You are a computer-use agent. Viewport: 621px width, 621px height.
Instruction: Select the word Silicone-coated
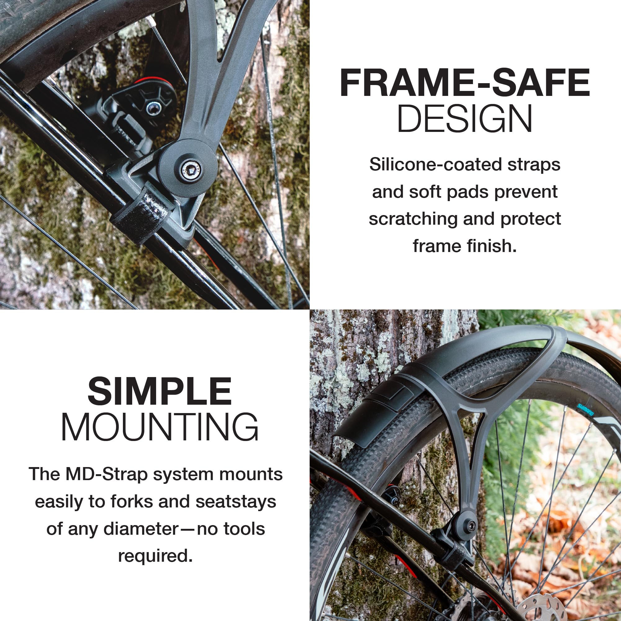tap(435, 164)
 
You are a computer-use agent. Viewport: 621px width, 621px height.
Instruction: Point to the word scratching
tap(413, 219)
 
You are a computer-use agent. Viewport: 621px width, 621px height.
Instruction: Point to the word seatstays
tap(236, 502)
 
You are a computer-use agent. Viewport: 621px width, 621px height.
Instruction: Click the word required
tap(155, 556)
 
